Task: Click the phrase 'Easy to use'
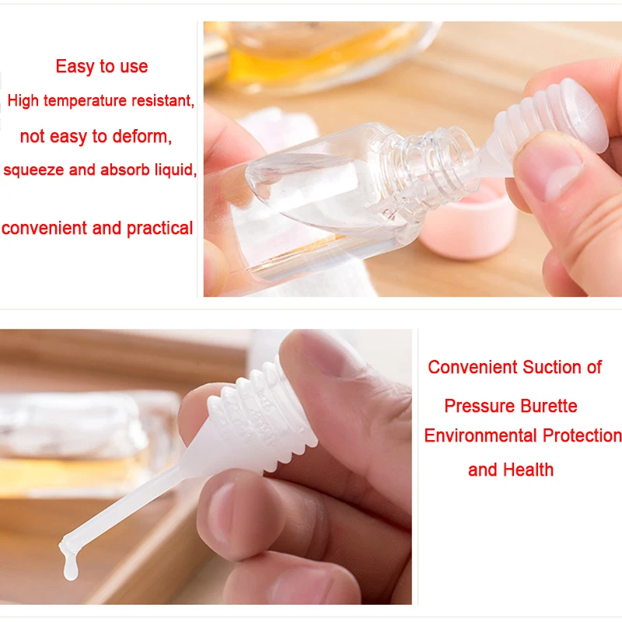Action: click(102, 67)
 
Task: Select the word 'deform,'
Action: click(142, 137)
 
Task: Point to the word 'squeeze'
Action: click(33, 170)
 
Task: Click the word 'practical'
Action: click(159, 229)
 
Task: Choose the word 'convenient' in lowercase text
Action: click(44, 229)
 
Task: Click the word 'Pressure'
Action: click(479, 406)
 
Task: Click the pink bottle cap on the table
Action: click(466, 225)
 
